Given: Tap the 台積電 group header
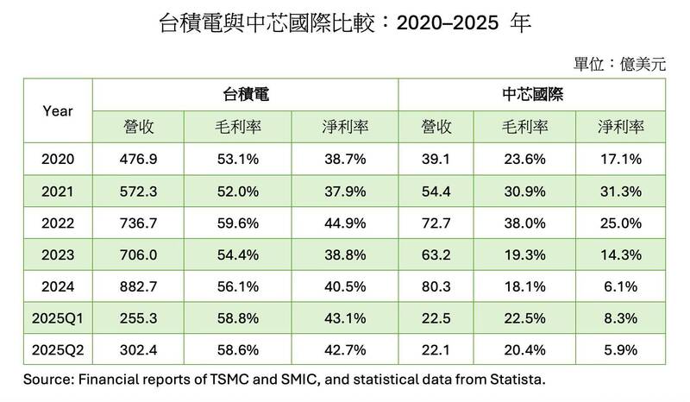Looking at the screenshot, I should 244,94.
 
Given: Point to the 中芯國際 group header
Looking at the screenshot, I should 532,94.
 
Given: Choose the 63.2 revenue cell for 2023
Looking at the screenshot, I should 437,254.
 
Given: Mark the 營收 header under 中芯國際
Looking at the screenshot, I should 437,126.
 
